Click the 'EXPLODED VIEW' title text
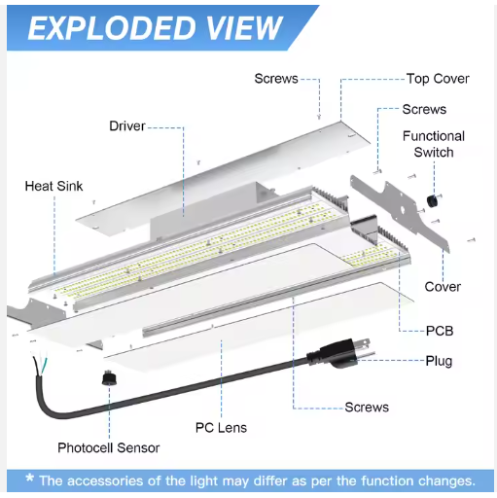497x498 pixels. tap(155, 28)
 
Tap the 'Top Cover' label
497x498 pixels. tap(438, 79)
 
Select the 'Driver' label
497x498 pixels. tap(127, 126)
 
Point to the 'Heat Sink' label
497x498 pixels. tap(53, 186)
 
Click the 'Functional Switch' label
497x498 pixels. tap(434, 144)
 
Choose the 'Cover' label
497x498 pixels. tap(443, 287)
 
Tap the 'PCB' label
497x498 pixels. tap(440, 331)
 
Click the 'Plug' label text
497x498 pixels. tap(439, 361)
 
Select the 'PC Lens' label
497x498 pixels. tap(221, 428)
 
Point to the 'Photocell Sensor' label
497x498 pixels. tap(109, 447)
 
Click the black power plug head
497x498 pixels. tap(337, 354)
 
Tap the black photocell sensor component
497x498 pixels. tap(109, 377)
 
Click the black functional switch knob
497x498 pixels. tap(432, 201)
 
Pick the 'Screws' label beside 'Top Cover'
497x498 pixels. tap(276, 79)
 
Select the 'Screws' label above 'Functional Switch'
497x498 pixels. tap(424, 110)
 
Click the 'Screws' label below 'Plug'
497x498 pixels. tap(367, 408)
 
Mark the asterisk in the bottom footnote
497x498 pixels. tap(30, 478)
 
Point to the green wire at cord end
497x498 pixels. tap(44, 367)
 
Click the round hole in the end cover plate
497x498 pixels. tap(402, 210)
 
